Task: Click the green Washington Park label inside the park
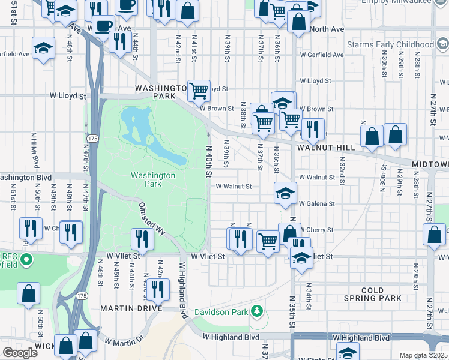point(153,179)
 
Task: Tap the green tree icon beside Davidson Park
point(257,311)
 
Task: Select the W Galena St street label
point(316,204)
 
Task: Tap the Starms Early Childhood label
point(390,45)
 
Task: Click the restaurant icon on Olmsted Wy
point(142,238)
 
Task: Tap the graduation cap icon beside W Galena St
point(285,192)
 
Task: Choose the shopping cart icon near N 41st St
point(199,91)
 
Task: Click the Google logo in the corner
point(20,353)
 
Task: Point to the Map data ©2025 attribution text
point(424,355)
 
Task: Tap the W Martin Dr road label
point(125,340)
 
